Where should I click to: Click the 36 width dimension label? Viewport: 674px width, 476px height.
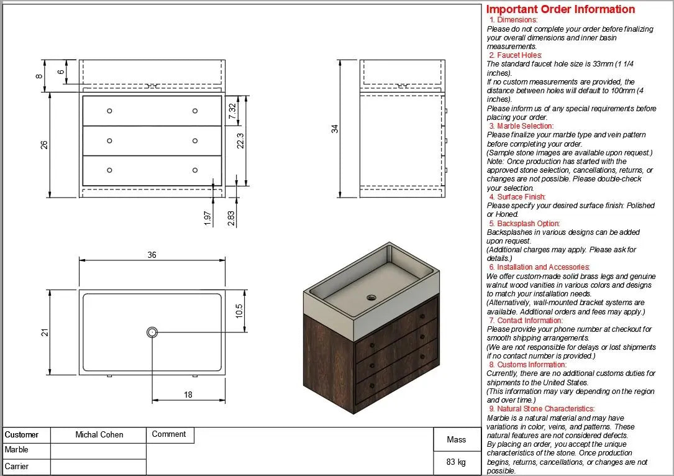point(152,255)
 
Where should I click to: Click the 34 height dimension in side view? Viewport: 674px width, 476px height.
point(335,129)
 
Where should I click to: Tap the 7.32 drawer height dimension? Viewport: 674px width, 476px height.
point(232,112)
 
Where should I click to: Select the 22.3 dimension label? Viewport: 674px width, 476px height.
point(240,141)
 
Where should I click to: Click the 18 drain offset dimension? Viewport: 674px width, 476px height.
point(188,395)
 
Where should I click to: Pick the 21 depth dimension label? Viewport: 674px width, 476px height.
point(45,332)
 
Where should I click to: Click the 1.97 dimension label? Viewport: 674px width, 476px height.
point(208,218)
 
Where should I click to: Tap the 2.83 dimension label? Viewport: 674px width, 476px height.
point(231,218)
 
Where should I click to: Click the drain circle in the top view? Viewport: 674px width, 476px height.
point(152,332)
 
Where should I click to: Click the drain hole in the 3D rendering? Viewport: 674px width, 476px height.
point(371,297)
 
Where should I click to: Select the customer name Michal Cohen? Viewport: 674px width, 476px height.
point(99,435)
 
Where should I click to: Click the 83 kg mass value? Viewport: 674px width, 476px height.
point(456,462)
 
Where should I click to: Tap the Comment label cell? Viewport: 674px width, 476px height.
point(169,434)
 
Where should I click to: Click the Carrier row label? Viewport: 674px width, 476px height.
point(17,466)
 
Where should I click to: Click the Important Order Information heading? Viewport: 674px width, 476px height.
point(560,9)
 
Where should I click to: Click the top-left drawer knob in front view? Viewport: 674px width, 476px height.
point(109,111)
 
